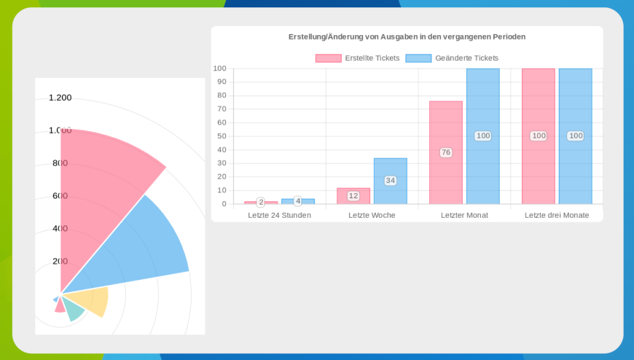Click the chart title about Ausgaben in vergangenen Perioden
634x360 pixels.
(407, 36)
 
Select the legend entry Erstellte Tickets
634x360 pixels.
(357, 58)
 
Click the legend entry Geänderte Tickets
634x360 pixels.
(452, 58)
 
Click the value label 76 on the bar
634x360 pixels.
(445, 152)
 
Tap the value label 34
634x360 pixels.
(390, 181)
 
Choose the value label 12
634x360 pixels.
(353, 196)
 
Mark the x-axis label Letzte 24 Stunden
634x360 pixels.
(279, 215)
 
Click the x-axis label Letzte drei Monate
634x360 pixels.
(557, 215)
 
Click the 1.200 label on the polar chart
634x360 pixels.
(60, 98)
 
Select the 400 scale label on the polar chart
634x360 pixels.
(60, 228)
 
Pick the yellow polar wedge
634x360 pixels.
(95, 300)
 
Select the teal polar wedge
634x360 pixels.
(74, 310)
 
